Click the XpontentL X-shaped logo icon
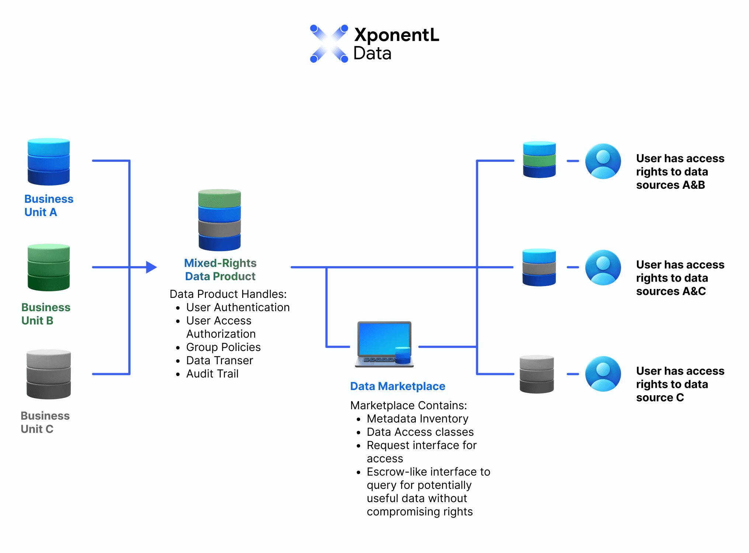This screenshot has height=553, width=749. point(329,44)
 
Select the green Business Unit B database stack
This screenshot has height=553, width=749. point(49,267)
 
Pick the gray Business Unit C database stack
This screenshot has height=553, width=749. point(49,374)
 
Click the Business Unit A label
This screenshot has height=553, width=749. point(49,205)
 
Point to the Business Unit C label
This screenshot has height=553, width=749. point(45,422)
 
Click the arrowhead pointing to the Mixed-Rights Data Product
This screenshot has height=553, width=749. point(151,267)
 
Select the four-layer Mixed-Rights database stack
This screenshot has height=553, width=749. point(220,220)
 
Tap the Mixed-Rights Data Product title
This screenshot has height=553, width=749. point(220,269)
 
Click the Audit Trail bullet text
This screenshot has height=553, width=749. point(212,373)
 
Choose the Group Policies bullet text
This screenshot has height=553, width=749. point(223,347)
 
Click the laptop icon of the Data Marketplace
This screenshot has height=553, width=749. point(384,344)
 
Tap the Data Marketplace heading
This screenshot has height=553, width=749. point(398,386)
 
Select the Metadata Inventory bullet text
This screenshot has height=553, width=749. point(418,418)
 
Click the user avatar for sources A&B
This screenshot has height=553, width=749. point(603,161)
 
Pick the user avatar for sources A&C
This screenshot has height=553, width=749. point(603,267)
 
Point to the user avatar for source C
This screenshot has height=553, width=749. point(603,374)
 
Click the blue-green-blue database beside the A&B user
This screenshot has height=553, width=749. point(539,160)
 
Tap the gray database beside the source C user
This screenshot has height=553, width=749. point(537,374)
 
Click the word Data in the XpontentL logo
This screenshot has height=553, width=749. point(372,53)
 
